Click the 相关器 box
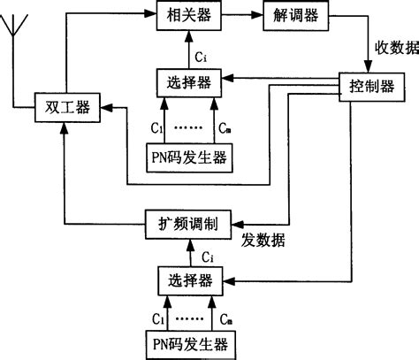click(184, 15)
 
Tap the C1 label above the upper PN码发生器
click(156, 128)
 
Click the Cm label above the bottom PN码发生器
click(225, 317)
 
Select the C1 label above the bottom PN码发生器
click(156, 317)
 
